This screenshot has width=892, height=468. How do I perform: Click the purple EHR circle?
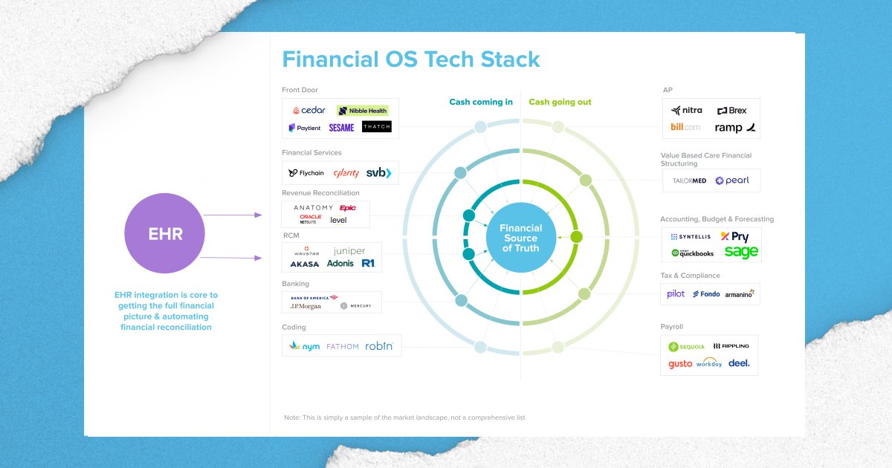click(x=164, y=235)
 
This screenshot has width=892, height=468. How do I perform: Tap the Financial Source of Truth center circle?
click(x=520, y=238)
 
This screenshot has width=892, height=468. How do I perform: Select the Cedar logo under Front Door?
click(x=308, y=110)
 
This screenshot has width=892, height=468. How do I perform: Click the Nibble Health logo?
click(x=363, y=111)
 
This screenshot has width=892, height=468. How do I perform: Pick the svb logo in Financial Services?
click(x=378, y=173)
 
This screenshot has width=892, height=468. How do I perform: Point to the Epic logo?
click(x=347, y=208)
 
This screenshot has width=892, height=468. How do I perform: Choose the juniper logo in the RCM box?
click(x=349, y=251)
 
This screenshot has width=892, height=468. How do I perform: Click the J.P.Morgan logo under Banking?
click(x=305, y=305)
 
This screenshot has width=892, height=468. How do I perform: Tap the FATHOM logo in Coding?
click(x=342, y=346)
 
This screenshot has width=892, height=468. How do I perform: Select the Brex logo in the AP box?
click(x=731, y=111)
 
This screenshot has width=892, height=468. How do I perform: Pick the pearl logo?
click(x=732, y=181)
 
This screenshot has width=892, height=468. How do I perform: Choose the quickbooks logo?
click(x=692, y=253)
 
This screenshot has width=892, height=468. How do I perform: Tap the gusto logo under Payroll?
click(x=679, y=364)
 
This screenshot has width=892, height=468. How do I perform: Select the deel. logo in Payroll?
click(x=739, y=363)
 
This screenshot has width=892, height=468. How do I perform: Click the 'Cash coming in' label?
click(x=480, y=102)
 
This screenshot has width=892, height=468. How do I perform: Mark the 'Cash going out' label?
click(x=560, y=102)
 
